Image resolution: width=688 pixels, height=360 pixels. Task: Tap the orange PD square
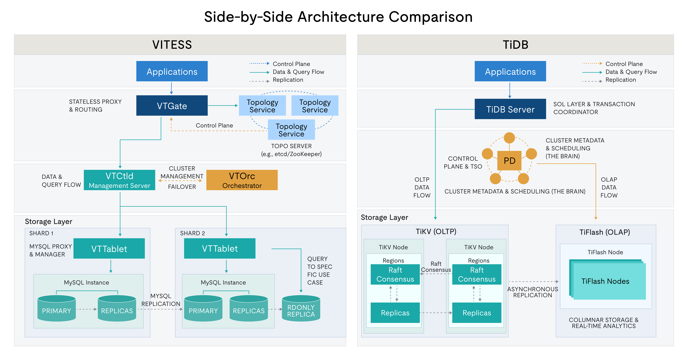point(509,161)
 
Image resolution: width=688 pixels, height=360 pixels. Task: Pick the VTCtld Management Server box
point(119,180)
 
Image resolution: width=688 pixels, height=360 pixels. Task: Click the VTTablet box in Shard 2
point(220,248)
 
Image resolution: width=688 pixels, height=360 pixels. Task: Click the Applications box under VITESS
point(172,71)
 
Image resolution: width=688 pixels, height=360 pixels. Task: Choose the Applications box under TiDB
point(510,71)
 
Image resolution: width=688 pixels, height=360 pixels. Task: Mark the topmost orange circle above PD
point(509,138)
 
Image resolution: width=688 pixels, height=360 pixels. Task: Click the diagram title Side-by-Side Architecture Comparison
point(338,17)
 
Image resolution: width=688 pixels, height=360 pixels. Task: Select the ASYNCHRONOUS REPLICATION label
point(533,292)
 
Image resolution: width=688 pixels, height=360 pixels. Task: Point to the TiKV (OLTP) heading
point(436,231)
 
